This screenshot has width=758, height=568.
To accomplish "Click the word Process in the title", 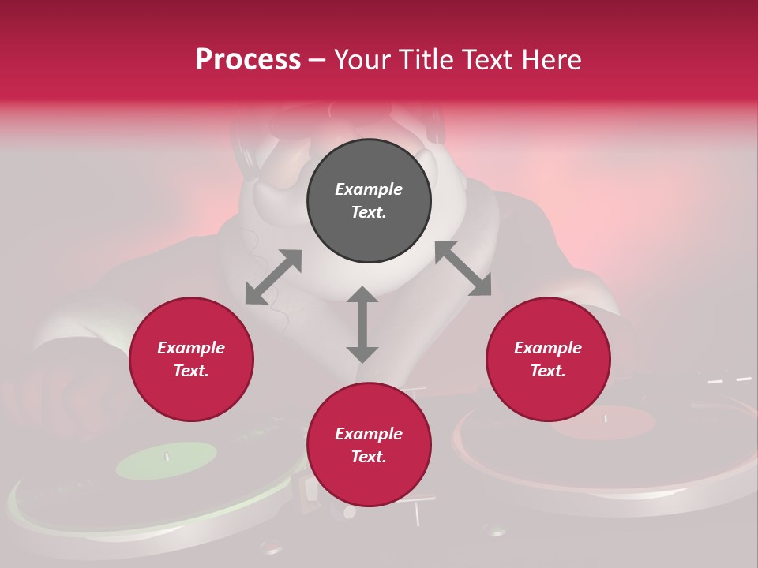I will tap(248, 60).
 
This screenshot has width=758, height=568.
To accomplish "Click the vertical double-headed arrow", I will tap(362, 324).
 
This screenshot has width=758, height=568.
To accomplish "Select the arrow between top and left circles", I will tap(273, 277).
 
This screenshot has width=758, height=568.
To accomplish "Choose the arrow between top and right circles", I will tap(463, 268).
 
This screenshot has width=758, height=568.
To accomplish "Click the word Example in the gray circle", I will tap(369, 189).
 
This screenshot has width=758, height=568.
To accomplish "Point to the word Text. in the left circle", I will tap(191, 371).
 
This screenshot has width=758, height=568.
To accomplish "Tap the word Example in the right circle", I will tap(548, 348).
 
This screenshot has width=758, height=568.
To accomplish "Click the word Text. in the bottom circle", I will tap(369, 457).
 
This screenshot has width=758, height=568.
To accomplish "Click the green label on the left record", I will tap(167, 460).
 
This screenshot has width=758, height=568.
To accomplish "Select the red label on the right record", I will tap(603, 422).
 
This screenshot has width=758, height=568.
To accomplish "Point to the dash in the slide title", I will tap(317, 60).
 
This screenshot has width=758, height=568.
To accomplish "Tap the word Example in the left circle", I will tap(191, 348).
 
